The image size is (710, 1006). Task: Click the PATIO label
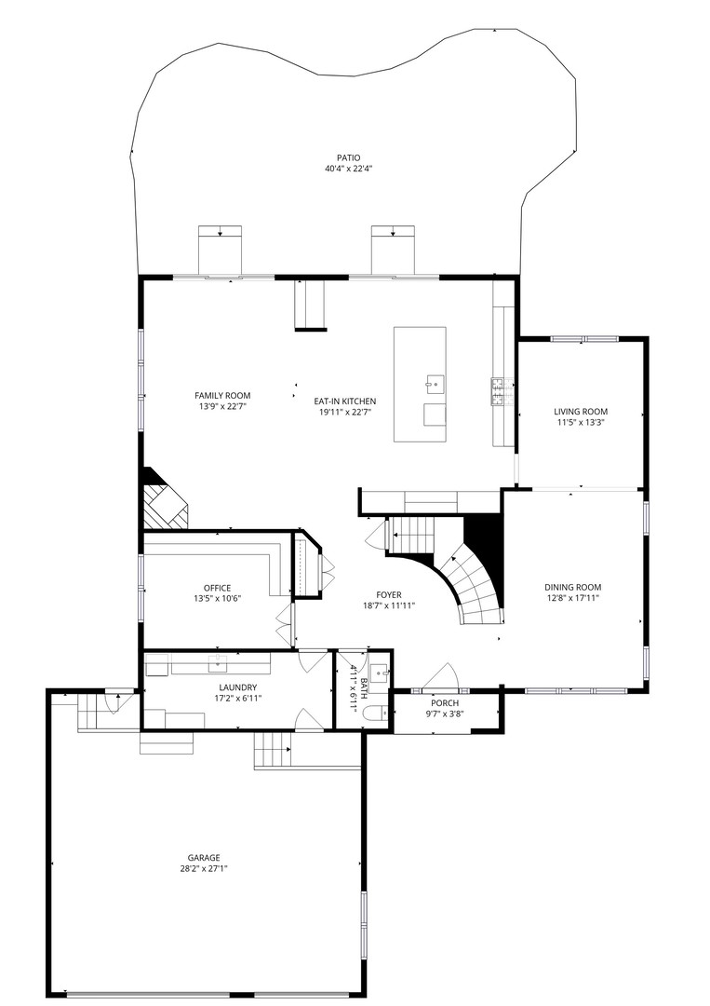click(x=349, y=157)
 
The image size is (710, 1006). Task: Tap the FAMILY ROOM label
click(x=222, y=396)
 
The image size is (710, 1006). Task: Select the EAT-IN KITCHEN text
click(x=344, y=401)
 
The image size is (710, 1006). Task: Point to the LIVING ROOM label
click(x=581, y=412)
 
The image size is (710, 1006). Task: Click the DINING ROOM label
click(x=573, y=587)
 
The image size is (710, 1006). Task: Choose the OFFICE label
click(x=217, y=589)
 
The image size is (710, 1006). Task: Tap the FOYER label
click(x=389, y=595)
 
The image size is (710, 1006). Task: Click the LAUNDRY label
click(x=237, y=687)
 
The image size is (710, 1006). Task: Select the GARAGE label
click(x=204, y=858)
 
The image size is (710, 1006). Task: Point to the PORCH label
click(x=445, y=703)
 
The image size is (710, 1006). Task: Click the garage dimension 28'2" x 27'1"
click(x=204, y=869)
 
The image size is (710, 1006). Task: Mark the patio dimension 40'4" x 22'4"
click(x=349, y=170)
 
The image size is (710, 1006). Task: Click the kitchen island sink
click(x=435, y=385)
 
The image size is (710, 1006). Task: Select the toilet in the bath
click(x=374, y=713)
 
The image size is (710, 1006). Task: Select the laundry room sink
click(x=218, y=664)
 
